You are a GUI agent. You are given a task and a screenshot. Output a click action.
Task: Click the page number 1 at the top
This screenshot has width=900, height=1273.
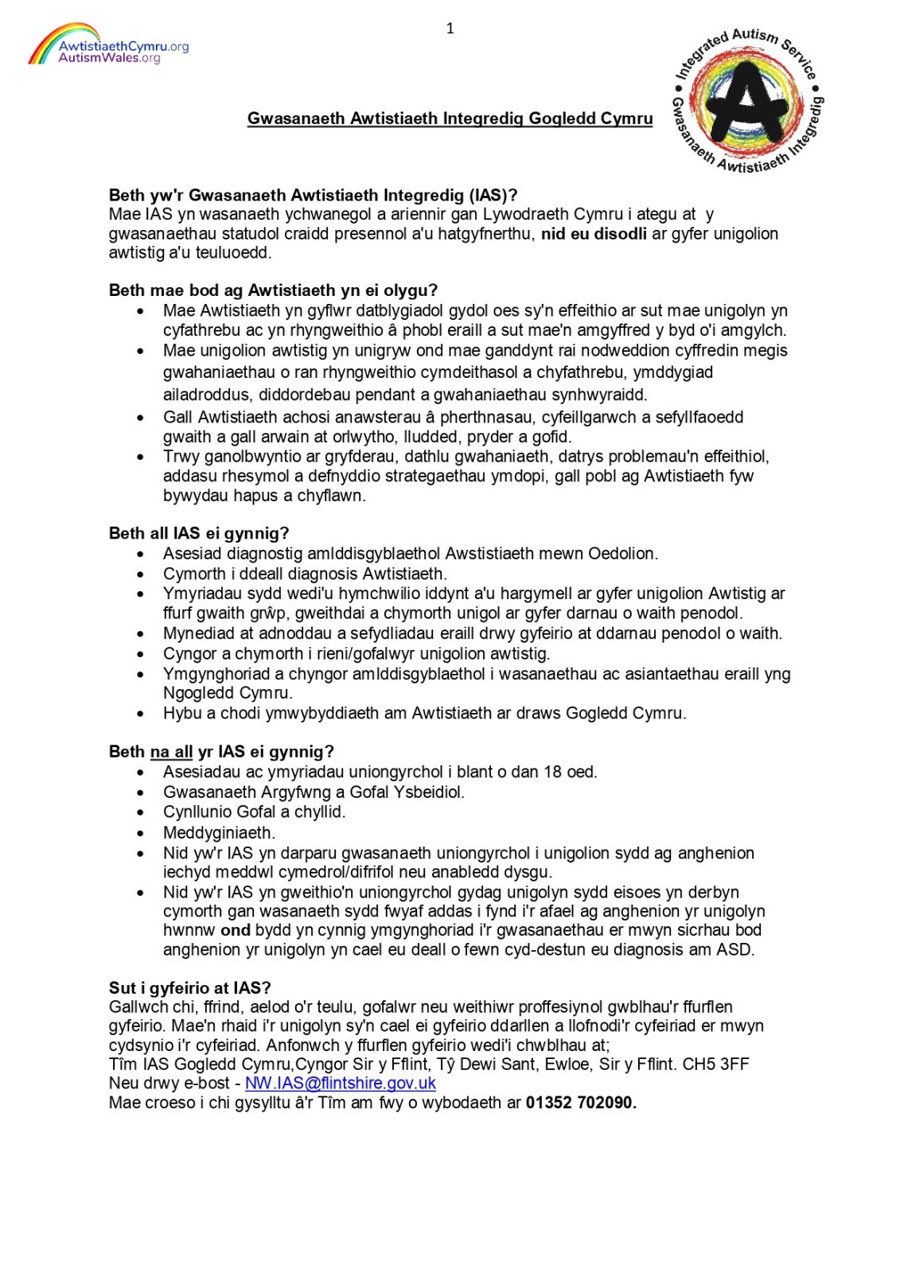[x=450, y=29]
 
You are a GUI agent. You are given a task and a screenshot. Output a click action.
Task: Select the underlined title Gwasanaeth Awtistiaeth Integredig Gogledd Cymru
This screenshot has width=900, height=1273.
[x=450, y=119]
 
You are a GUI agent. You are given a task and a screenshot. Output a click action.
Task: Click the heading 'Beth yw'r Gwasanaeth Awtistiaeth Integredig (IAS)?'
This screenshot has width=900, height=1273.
[x=313, y=195]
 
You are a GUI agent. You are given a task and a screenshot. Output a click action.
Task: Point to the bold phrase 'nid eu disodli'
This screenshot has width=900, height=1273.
[x=594, y=234]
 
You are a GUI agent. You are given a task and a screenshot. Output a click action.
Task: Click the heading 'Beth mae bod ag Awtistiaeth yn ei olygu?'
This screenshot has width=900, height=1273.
[x=273, y=290]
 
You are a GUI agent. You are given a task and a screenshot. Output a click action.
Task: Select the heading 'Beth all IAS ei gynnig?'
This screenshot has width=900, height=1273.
[x=199, y=533]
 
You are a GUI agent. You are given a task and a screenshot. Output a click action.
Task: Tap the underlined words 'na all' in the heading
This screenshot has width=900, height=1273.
[x=171, y=752]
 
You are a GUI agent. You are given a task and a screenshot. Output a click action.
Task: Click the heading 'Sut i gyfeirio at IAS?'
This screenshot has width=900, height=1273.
[x=189, y=988]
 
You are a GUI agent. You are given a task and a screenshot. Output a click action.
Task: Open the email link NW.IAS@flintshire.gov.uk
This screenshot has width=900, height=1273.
[x=341, y=1084]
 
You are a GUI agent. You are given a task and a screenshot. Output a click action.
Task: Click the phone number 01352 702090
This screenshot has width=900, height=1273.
[x=580, y=1103]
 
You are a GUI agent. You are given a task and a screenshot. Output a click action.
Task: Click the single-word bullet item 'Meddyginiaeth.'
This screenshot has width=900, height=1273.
[x=219, y=833]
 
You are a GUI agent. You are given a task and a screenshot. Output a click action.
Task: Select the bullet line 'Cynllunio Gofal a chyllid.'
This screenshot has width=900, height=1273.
[x=254, y=812]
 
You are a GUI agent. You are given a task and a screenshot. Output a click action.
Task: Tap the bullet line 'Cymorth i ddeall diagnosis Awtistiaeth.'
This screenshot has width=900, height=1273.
[x=305, y=574]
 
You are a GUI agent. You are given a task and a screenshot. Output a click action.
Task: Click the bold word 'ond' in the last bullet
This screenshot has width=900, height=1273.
[x=236, y=931]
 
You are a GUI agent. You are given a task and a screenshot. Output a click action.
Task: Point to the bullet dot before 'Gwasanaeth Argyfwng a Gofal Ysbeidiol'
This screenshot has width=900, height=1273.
[x=141, y=793]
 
